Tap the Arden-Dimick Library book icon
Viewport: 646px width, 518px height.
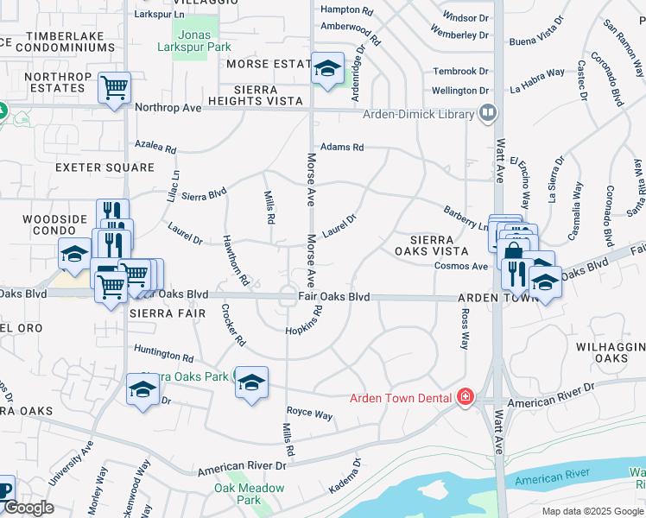(488, 113)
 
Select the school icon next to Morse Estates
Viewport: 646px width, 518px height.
(327, 69)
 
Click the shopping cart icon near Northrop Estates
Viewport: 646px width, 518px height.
(114, 87)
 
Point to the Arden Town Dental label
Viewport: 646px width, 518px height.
(401, 398)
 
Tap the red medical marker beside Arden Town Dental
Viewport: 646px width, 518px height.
(465, 397)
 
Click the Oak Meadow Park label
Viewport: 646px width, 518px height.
(250, 494)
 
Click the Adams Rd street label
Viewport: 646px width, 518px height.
(342, 148)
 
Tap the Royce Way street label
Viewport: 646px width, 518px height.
(310, 414)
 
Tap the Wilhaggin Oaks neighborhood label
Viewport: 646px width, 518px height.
(611, 351)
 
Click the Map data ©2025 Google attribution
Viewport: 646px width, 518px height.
(592, 511)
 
